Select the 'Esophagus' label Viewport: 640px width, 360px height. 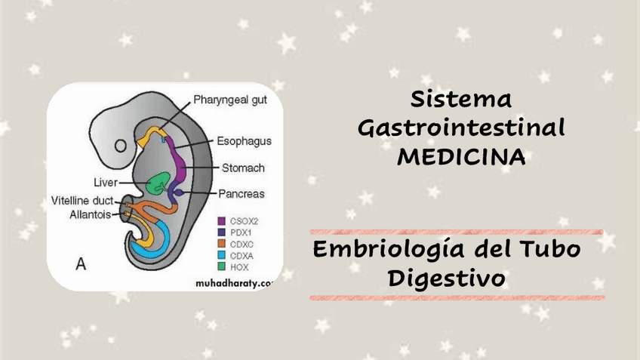[244, 141]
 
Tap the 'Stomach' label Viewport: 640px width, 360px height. [242, 168]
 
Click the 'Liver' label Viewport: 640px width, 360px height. [104, 183]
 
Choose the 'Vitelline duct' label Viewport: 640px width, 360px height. [82, 201]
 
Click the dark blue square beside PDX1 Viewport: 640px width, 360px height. [221, 233]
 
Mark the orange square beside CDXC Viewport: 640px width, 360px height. [221, 244]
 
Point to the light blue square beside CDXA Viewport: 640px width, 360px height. [221, 255]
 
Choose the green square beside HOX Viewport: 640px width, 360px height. [221, 266]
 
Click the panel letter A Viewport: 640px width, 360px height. [80, 263]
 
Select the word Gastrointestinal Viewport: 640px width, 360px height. [462, 128]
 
